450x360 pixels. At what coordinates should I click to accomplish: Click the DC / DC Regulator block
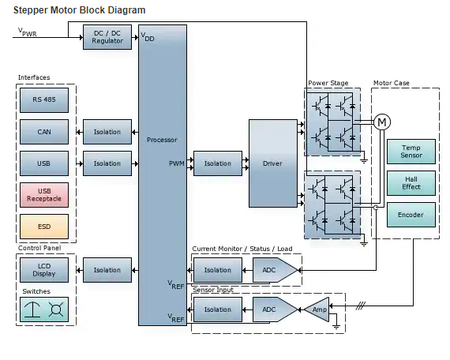(107, 37)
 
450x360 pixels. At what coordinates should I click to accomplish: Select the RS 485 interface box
(44, 100)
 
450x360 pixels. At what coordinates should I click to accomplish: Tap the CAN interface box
(44, 132)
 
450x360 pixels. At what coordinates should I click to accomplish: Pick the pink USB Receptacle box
(44, 195)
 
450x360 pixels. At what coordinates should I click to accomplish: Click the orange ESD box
(44, 227)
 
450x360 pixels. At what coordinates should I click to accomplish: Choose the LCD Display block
(44, 270)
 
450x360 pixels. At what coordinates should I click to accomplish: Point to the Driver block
(273, 163)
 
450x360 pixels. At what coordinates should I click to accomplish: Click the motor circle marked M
(382, 122)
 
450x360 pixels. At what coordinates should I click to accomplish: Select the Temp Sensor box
(411, 152)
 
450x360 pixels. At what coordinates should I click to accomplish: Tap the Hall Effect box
(411, 183)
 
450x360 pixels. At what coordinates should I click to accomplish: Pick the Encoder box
(411, 215)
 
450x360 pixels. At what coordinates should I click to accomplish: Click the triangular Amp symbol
(318, 309)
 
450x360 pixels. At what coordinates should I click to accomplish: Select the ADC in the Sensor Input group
(274, 309)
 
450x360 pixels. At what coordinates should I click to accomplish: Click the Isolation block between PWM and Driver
(218, 163)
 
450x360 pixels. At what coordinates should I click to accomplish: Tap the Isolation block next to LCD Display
(107, 270)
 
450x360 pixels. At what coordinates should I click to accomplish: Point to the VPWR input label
(28, 32)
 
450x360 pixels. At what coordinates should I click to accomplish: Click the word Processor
(162, 140)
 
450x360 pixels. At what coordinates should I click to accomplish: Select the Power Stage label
(328, 83)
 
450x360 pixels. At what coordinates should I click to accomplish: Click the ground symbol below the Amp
(336, 326)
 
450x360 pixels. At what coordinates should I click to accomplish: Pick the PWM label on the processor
(177, 163)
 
